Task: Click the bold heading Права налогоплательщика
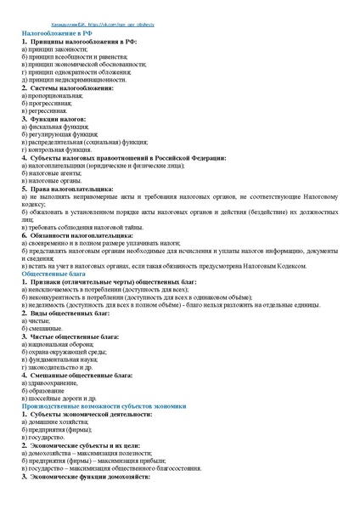tap(71, 189)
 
